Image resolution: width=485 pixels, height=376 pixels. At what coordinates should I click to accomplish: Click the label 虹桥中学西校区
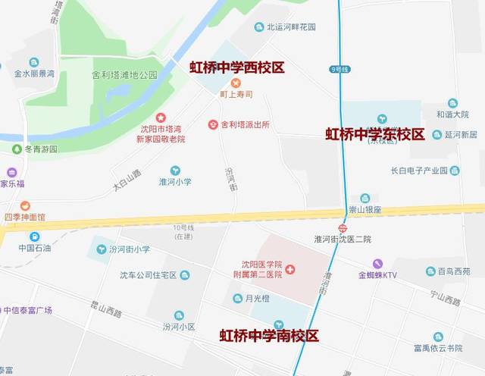tap(236, 67)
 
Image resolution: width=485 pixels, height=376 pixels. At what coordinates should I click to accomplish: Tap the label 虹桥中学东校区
tap(374, 134)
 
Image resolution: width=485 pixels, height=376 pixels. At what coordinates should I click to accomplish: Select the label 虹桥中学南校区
tap(269, 335)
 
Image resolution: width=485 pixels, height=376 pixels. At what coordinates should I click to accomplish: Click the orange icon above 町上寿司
tap(236, 83)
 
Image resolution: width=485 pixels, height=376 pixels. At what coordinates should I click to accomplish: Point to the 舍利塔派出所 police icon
tap(213, 124)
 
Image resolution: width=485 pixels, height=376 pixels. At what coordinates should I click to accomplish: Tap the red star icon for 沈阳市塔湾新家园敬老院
tap(161, 117)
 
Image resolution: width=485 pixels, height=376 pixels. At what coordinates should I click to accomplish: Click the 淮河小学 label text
tap(175, 182)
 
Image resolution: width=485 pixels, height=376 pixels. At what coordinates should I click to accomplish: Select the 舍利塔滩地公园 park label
tap(124, 75)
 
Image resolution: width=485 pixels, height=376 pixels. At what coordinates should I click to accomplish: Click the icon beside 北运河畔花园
tap(259, 27)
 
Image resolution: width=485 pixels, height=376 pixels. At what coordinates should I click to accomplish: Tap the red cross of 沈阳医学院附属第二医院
tap(290, 270)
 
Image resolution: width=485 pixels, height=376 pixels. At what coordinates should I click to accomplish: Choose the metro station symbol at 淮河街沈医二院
tap(343, 227)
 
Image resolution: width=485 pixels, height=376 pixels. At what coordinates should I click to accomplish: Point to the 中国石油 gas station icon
tap(34, 237)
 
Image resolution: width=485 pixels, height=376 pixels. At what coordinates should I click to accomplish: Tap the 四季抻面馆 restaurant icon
tap(25, 205)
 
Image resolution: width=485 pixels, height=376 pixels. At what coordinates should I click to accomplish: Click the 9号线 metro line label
tap(339, 70)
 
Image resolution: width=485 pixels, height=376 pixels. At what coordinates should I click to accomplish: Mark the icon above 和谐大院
tap(452, 103)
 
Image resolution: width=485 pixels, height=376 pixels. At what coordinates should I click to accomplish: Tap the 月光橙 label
tap(260, 299)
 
